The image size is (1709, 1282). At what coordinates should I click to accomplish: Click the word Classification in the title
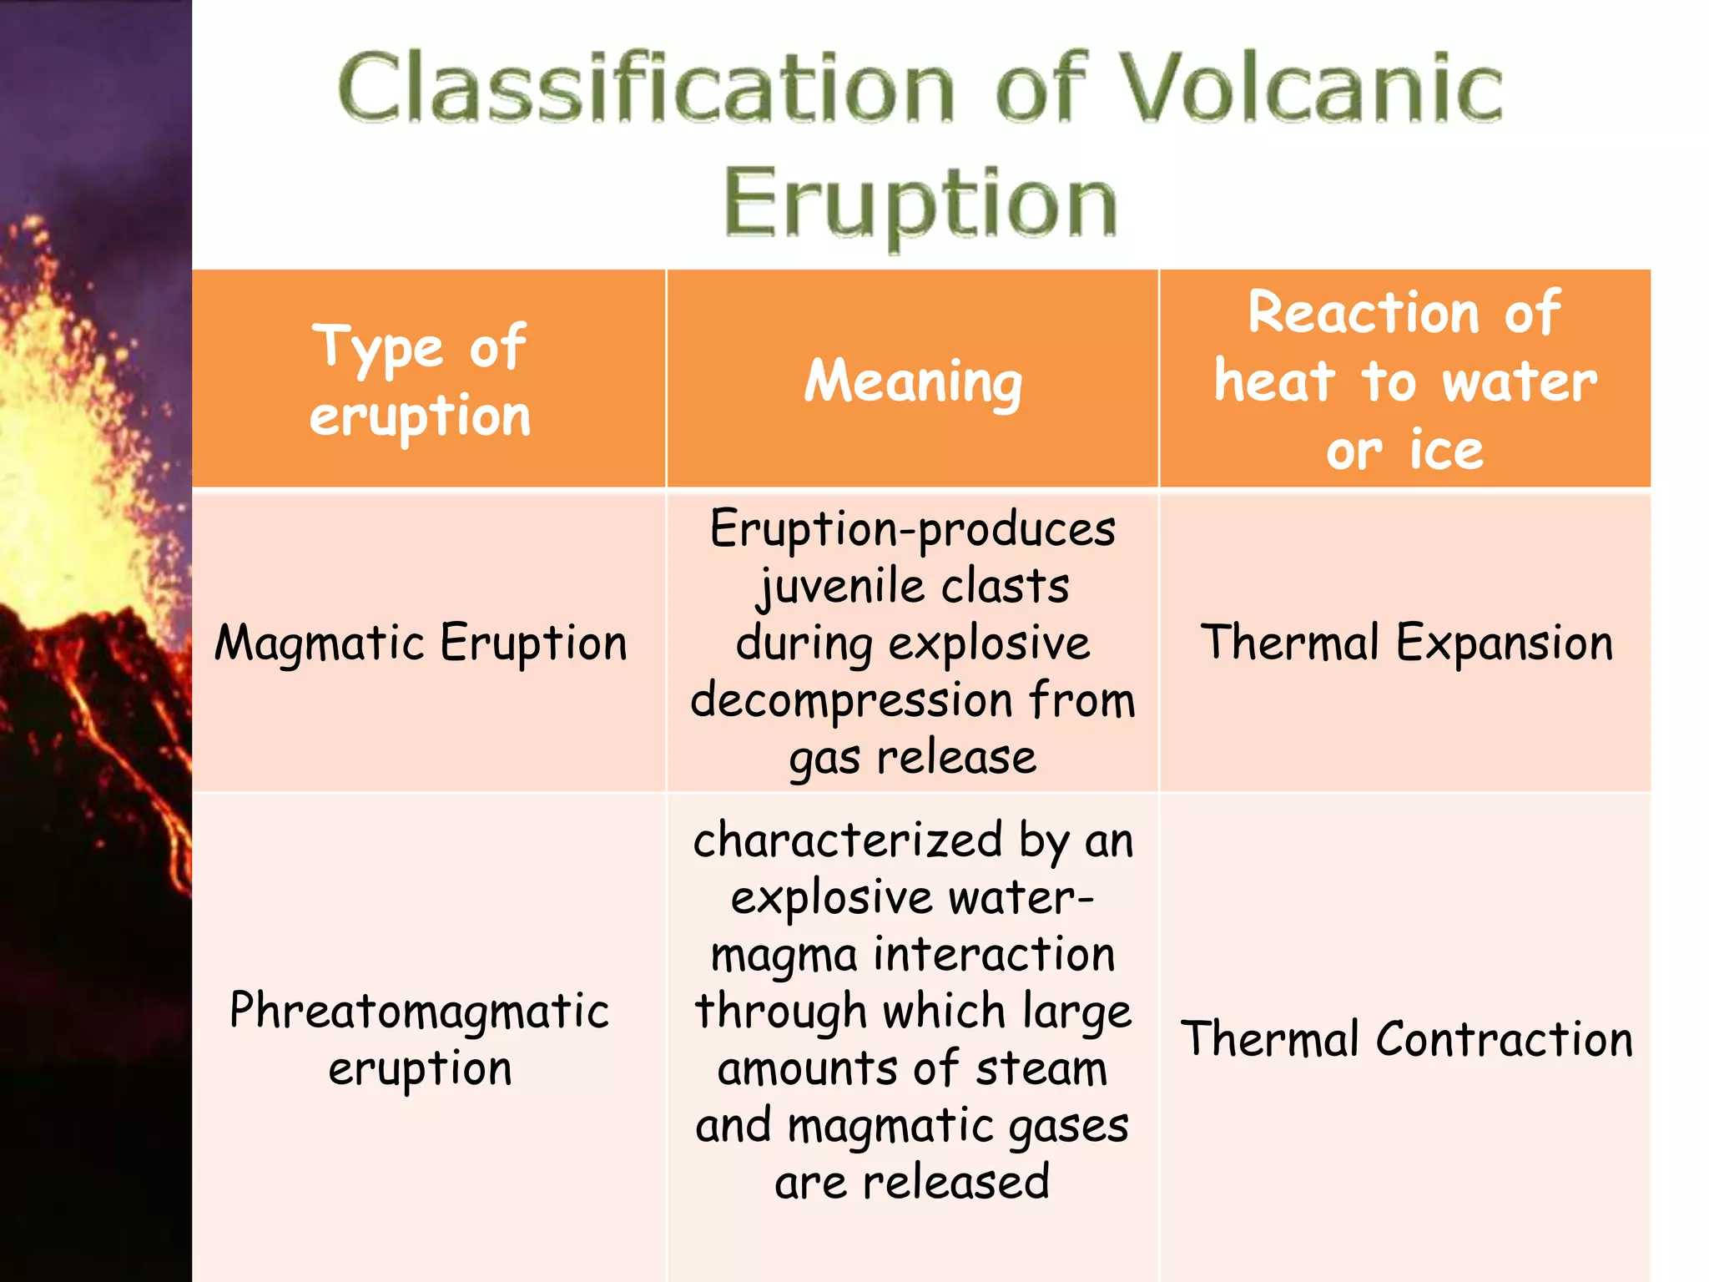[647, 88]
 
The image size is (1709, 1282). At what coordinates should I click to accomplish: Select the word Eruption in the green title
[920, 203]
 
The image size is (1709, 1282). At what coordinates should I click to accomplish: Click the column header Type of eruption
[420, 381]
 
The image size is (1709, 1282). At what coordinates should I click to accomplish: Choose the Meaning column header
[913, 381]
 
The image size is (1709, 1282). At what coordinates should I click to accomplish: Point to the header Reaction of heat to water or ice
[1405, 381]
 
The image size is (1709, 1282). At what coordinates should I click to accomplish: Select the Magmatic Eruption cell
[421, 643]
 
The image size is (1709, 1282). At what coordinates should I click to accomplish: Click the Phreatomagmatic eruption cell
[420, 1039]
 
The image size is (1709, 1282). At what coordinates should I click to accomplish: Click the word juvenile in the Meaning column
[841, 586]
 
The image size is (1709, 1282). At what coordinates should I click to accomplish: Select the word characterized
[848, 840]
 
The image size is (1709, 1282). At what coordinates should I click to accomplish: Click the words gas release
[913, 758]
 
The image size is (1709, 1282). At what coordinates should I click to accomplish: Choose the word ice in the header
[1446, 450]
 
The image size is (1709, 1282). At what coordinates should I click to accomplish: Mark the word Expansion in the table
[1505, 644]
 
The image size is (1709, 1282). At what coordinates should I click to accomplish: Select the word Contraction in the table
[1505, 1039]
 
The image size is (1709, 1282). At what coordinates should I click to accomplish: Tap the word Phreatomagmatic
[420, 1011]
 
